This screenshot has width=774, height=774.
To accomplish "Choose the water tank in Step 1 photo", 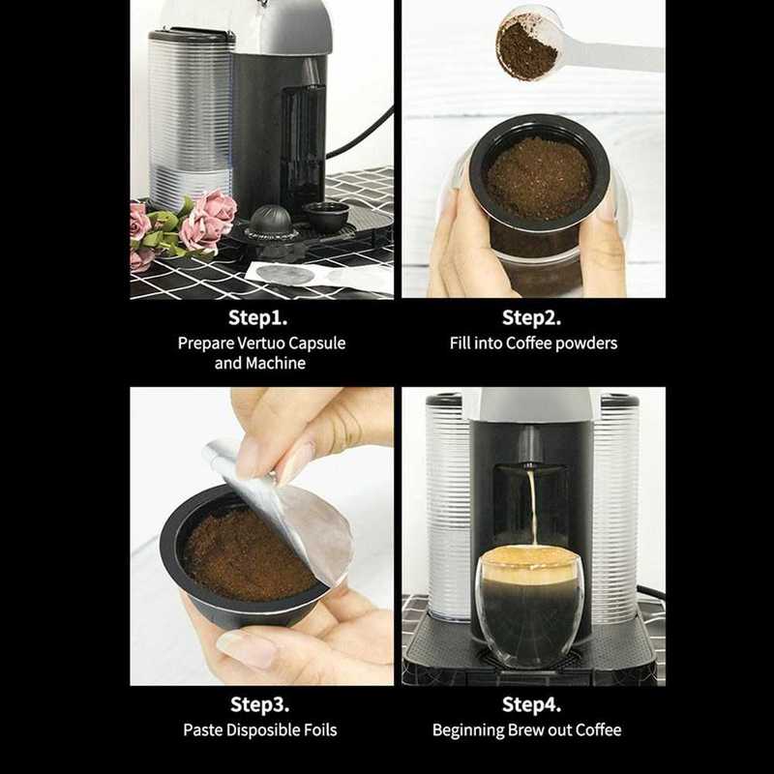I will pos(191,116).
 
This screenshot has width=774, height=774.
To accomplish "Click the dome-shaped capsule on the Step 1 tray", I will pos(272,221).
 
